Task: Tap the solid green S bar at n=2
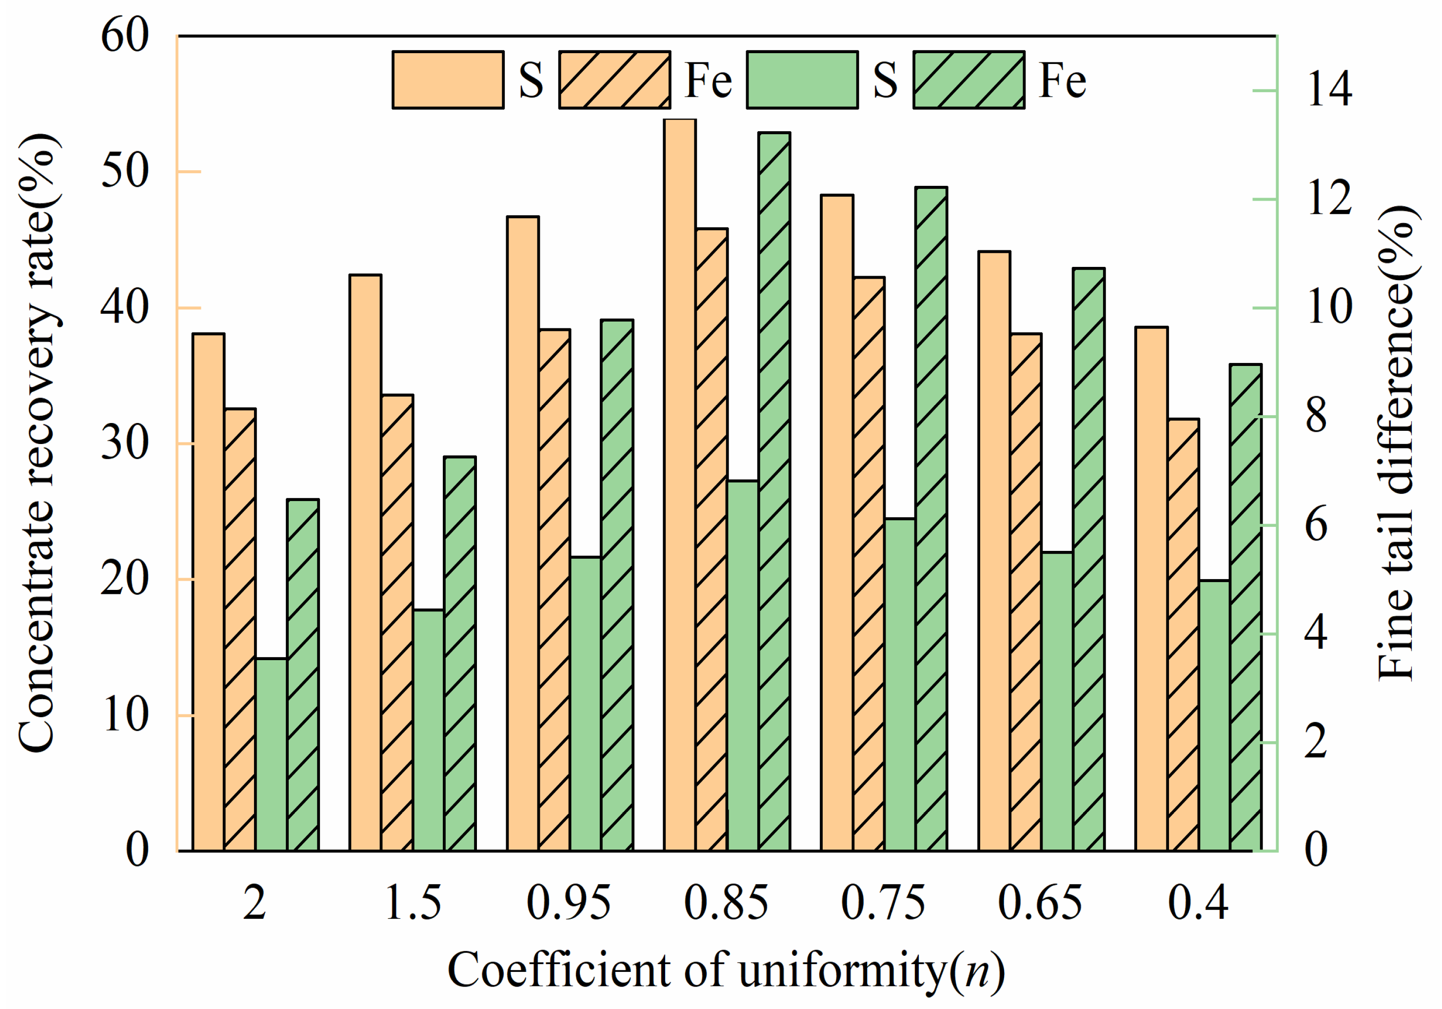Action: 271,754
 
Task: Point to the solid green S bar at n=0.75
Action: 900,685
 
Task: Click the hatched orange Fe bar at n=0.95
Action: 554,590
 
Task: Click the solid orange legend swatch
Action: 448,80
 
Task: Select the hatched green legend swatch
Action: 968,80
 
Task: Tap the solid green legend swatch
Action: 802,80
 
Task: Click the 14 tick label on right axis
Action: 1329,89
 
